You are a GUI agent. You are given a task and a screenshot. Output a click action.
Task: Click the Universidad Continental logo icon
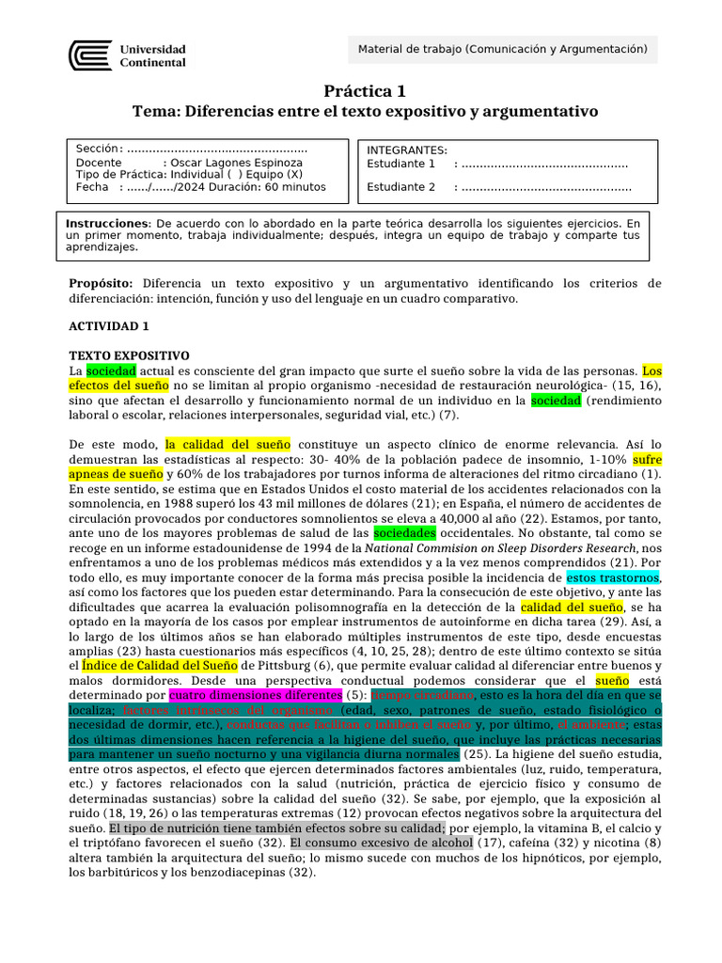click(90, 55)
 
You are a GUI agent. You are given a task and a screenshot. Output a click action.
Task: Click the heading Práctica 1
click(366, 91)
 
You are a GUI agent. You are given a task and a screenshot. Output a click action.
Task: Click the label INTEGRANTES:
click(407, 150)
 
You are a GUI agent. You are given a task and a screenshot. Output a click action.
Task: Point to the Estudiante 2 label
click(401, 186)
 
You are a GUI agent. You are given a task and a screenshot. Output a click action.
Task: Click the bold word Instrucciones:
click(108, 223)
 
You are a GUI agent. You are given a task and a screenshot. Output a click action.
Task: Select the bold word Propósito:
click(102, 283)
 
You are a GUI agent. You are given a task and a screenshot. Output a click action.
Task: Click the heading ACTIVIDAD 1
click(109, 325)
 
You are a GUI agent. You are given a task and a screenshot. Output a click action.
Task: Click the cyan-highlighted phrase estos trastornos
click(613, 576)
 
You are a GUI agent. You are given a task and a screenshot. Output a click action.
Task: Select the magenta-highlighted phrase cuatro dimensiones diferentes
click(256, 695)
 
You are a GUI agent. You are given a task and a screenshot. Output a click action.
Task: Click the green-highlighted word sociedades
click(405, 530)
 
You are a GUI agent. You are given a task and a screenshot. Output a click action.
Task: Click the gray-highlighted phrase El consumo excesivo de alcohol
click(381, 843)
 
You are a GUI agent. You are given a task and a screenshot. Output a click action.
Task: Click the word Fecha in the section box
click(92, 187)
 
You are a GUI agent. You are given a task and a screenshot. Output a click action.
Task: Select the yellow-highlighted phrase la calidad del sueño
click(228, 444)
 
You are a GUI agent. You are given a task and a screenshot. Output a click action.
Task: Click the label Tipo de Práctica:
click(120, 175)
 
